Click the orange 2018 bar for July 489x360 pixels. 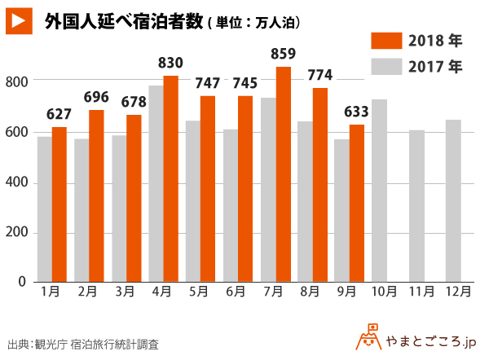pyautogui.click(x=284, y=174)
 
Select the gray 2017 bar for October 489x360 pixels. pyautogui.click(x=379, y=191)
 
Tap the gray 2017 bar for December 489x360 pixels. pyautogui.click(x=453, y=200)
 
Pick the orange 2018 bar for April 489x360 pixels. pyautogui.click(x=171, y=178)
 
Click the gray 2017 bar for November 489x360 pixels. pyautogui.click(x=416, y=206)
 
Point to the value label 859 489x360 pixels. pyautogui.click(x=284, y=55)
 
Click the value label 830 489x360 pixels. pyautogui.click(x=170, y=64)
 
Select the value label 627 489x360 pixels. pyautogui.click(x=59, y=114)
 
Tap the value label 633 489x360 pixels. pyautogui.click(x=357, y=112)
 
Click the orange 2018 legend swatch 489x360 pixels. pyautogui.click(x=385, y=41)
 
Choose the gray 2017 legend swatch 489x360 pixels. pyautogui.click(x=385, y=66)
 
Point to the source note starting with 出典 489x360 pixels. pyautogui.click(x=82, y=344)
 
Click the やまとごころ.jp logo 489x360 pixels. pyautogui.click(x=419, y=338)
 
